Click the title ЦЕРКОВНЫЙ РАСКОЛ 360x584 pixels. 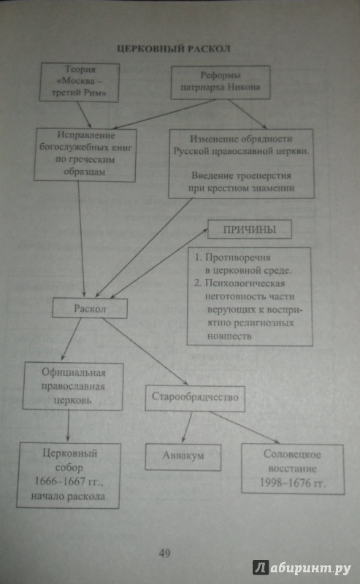coord(173,49)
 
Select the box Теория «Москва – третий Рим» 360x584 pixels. coord(80,82)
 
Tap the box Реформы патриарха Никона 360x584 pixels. coord(221,82)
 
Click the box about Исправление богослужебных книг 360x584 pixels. coord(85,155)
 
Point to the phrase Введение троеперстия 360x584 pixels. coord(241,175)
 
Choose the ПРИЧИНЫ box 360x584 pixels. coord(249,229)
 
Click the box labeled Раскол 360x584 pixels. coord(90,308)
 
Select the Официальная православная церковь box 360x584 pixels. coord(73,386)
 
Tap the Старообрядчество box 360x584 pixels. coord(195,398)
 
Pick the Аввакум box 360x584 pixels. coord(183,456)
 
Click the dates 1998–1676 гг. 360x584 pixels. coord(293,483)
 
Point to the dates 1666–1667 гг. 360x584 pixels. coord(69,482)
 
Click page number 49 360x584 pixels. coord(165,553)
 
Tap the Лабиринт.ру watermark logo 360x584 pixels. coord(302,568)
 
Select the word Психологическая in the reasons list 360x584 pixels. coord(245,283)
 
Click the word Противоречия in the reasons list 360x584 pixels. coord(238,258)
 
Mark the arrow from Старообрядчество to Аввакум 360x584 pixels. coord(188,427)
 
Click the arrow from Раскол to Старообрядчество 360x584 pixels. coord(145,351)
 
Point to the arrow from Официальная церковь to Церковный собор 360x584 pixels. coord(68,426)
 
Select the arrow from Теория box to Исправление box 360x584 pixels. coord(84,115)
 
